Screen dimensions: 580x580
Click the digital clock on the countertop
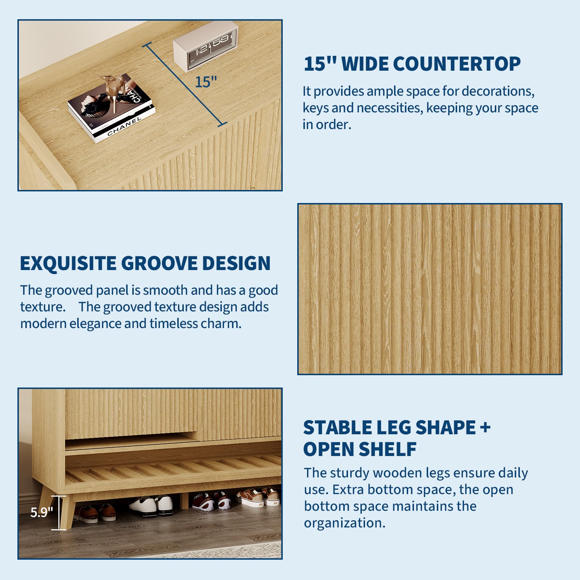205,46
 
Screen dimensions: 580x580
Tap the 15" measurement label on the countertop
206,82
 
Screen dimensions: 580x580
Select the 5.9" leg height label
42,512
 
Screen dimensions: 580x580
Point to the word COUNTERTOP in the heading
457,64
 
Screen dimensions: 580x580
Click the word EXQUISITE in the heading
68,263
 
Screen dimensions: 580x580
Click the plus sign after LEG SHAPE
485,428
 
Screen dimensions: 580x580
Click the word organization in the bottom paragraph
345,523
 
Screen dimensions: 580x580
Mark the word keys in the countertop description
315,108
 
